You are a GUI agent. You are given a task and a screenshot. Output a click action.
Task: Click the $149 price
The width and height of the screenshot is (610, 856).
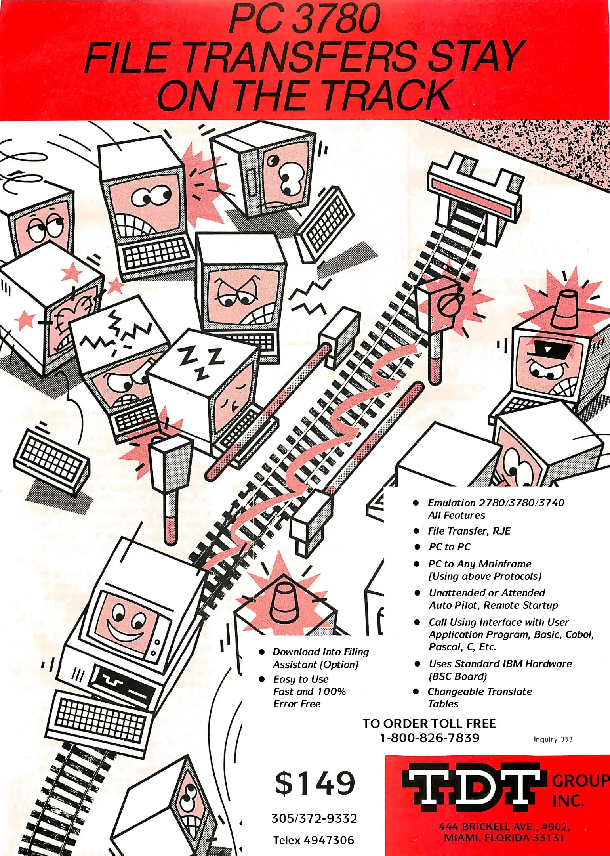(x=315, y=783)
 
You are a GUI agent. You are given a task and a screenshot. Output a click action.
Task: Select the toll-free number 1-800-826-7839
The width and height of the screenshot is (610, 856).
(x=429, y=738)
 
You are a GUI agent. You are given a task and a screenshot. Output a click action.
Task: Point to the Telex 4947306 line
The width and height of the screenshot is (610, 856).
(x=313, y=840)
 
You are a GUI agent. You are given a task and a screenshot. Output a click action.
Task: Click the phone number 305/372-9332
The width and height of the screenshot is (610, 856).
(x=314, y=818)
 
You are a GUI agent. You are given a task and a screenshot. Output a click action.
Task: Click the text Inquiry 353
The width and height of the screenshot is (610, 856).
(x=553, y=739)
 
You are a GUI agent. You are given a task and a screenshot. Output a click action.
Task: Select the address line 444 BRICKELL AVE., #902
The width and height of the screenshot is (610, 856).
(x=504, y=827)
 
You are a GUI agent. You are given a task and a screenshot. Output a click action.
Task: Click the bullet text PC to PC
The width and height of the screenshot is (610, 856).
(x=450, y=547)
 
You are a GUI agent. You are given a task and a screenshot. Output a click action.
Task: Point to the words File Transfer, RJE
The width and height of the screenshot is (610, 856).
(x=469, y=531)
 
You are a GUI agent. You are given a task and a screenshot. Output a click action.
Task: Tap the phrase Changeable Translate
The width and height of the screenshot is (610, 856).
(x=480, y=692)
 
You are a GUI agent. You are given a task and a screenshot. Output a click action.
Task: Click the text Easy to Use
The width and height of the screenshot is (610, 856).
(x=301, y=679)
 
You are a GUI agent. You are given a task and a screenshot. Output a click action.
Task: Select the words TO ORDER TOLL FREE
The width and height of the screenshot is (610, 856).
(x=429, y=724)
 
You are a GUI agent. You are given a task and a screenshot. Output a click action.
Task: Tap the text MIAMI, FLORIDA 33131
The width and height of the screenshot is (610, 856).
(x=503, y=838)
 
